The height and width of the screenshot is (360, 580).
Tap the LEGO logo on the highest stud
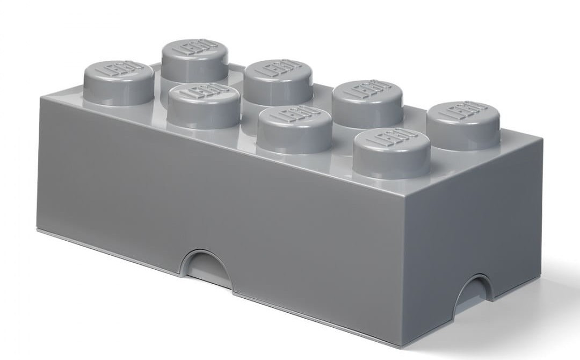[x=194, y=48]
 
